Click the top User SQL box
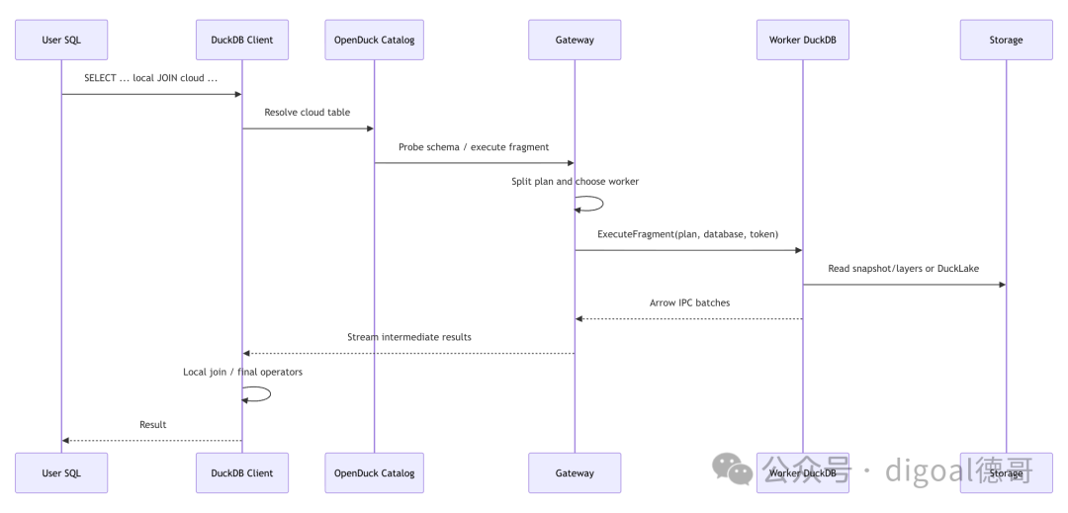pyautogui.click(x=61, y=40)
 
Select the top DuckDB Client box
pyautogui.click(x=242, y=40)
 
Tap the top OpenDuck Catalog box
pyautogui.click(x=374, y=40)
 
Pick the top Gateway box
pyautogui.click(x=575, y=40)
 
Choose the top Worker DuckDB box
pyautogui.click(x=802, y=40)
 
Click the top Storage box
pyautogui.click(x=1006, y=40)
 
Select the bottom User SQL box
pyautogui.click(x=61, y=472)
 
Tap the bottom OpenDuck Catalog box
pyautogui.click(x=374, y=472)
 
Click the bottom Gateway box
pyautogui.click(x=575, y=472)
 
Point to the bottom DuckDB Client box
pyautogui.click(x=242, y=472)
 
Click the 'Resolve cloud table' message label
pyautogui.click(x=308, y=113)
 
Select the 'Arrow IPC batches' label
pyautogui.click(x=689, y=302)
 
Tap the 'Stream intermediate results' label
pyautogui.click(x=408, y=337)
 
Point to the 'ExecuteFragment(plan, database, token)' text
pyautogui.click(x=688, y=234)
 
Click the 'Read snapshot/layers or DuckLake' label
pyautogui.click(x=903, y=269)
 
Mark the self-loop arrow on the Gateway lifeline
pyautogui.click(x=603, y=204)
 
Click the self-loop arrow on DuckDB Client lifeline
pyautogui.click(x=270, y=394)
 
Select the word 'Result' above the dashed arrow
pyautogui.click(x=152, y=425)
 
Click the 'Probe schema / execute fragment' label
pyautogui.click(x=474, y=147)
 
